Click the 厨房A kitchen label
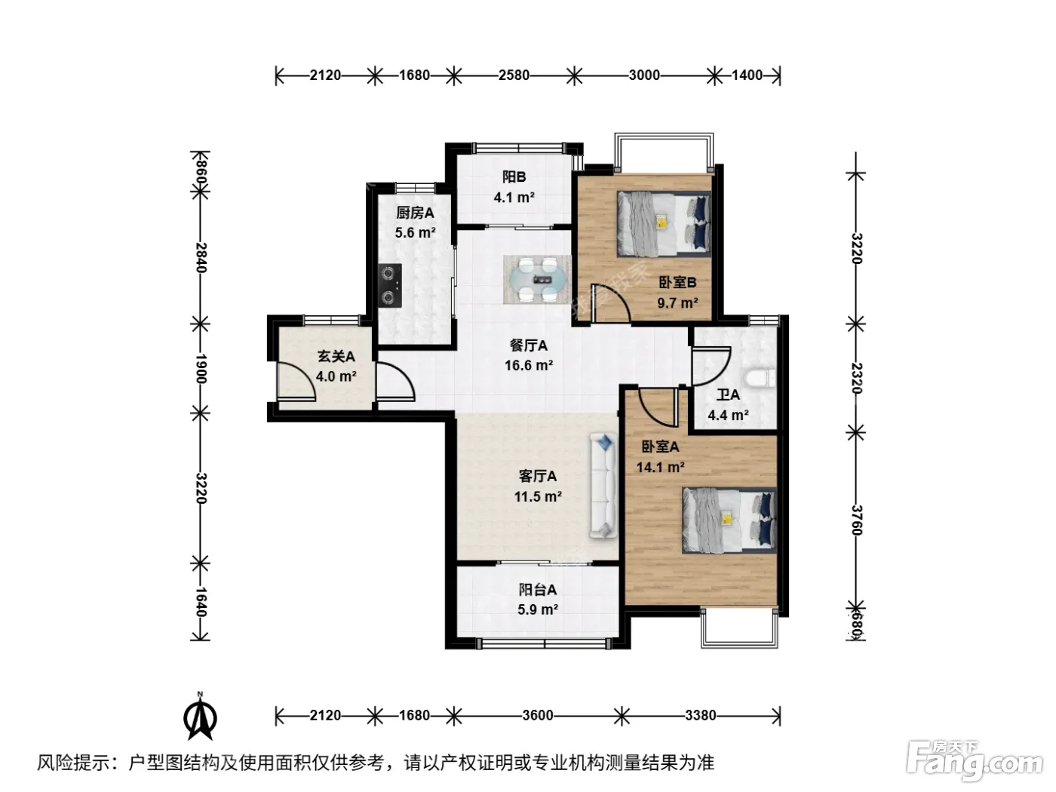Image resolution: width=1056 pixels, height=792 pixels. (x=415, y=213)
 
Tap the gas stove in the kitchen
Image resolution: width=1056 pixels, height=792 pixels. (x=390, y=286)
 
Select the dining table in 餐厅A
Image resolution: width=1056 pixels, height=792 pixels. (x=537, y=279)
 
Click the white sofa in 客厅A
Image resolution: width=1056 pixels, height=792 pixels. (x=603, y=486)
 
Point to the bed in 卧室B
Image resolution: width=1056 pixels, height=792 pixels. (x=664, y=223)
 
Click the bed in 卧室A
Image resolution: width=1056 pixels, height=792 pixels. (x=729, y=520)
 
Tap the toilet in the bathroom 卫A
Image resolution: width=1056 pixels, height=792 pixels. (x=760, y=379)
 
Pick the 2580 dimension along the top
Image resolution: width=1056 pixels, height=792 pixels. (x=514, y=75)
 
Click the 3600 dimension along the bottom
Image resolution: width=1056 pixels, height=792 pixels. (x=537, y=716)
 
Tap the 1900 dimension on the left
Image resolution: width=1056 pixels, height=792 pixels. (x=201, y=369)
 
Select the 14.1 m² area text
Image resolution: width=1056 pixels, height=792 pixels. (x=660, y=467)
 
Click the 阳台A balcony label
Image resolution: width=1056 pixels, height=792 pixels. (x=537, y=589)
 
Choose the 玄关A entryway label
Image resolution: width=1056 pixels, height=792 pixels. (x=336, y=356)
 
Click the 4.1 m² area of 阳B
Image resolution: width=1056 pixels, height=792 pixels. (x=514, y=197)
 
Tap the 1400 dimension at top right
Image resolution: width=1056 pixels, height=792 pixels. (x=747, y=75)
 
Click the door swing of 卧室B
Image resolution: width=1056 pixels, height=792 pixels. (x=610, y=303)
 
